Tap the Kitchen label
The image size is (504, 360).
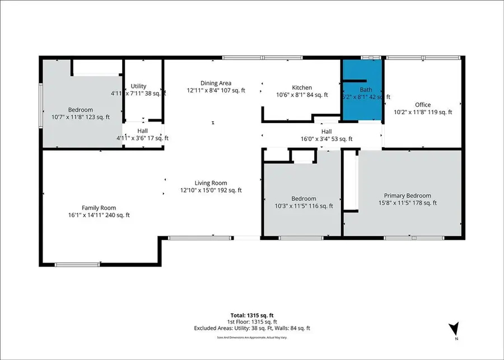click(302, 87)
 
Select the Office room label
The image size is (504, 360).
click(422, 105)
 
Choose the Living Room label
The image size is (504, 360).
click(211, 183)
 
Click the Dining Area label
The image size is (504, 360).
click(216, 83)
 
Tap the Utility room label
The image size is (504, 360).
click(138, 86)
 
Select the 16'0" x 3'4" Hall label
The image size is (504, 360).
click(326, 132)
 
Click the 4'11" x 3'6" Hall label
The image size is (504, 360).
click(142, 130)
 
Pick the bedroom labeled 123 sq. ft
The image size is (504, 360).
click(81, 110)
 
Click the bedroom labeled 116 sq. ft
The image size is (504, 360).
click(304, 199)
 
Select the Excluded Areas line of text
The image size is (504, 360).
click(252, 329)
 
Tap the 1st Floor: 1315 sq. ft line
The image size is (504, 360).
click(252, 322)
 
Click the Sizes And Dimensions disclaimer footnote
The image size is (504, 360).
click(252, 338)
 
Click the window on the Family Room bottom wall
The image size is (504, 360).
click(77, 264)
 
